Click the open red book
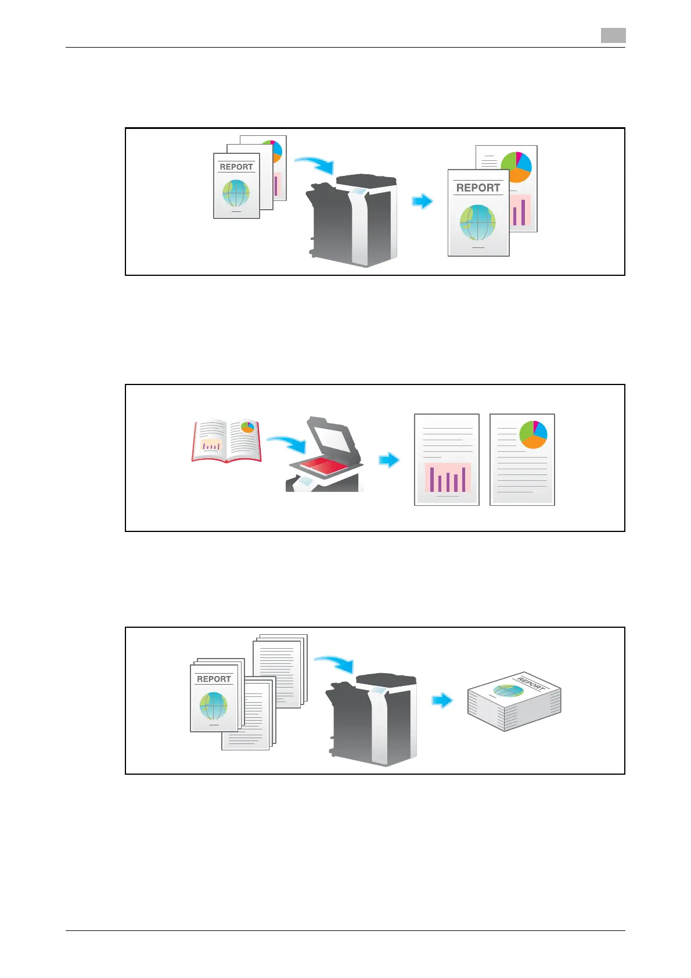pyautogui.click(x=226, y=441)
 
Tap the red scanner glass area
pyautogui.click(x=323, y=465)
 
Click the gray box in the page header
pyautogui.click(x=613, y=35)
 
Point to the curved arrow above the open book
pyautogui.click(x=286, y=444)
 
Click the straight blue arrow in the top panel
pyautogui.click(x=423, y=201)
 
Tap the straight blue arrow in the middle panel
pyautogui.click(x=389, y=460)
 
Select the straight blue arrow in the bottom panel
pyautogui.click(x=442, y=700)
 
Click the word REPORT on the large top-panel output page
pyautogui.click(x=478, y=188)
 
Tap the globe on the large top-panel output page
pyautogui.click(x=478, y=222)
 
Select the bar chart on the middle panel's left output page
pyautogui.click(x=447, y=478)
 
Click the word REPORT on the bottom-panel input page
pyautogui.click(x=214, y=679)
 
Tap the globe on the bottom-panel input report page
pyautogui.click(x=214, y=706)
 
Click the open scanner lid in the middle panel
pyautogui.click(x=330, y=435)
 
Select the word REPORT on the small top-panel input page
pyautogui.click(x=236, y=167)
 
